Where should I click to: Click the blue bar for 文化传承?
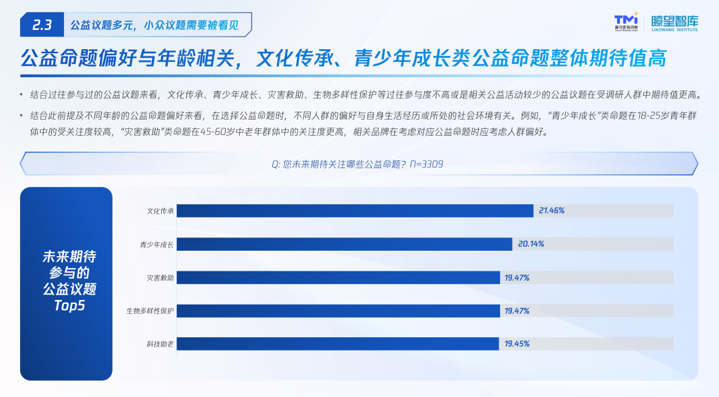tap(355, 211)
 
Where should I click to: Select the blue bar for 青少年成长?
tap(344, 244)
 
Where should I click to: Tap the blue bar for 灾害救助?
tap(338, 277)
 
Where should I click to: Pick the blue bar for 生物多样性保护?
tap(338, 311)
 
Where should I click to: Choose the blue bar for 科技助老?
tap(338, 344)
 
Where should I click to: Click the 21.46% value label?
tap(552, 211)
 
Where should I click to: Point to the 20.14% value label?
tap(531, 244)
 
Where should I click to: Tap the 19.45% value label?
tap(517, 344)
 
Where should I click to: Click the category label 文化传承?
tap(160, 211)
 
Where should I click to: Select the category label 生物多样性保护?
tap(150, 311)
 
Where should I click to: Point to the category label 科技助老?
tap(160, 344)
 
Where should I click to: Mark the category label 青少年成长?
tap(157, 245)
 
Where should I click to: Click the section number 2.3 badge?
tap(42, 25)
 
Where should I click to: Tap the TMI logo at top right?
tap(626, 22)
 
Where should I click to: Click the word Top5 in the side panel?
tap(69, 305)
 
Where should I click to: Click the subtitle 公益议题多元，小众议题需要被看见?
tap(154, 25)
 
